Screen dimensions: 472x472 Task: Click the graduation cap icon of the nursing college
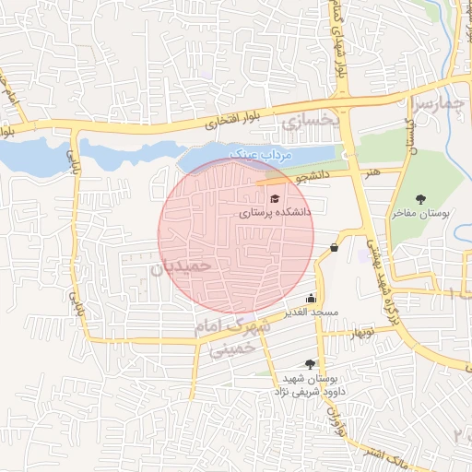(273, 198)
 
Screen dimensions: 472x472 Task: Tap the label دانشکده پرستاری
(276, 212)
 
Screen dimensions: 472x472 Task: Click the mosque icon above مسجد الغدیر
(311, 298)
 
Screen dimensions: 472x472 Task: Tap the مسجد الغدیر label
(314, 313)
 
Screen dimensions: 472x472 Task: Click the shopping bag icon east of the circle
(334, 247)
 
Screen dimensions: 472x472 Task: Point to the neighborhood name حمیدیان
(181, 266)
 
